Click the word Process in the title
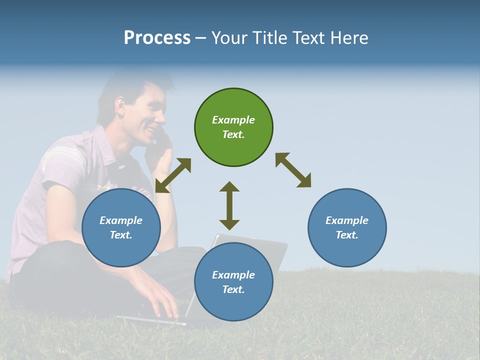[x=157, y=38]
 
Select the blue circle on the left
[x=121, y=250]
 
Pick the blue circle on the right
[x=347, y=250]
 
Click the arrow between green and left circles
[x=173, y=175]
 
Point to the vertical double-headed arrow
[x=229, y=205]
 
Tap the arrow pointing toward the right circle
[x=293, y=170]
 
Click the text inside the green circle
[x=233, y=127]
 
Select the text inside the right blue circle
[x=347, y=227]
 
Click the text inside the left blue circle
[x=121, y=227]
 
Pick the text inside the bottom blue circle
[x=233, y=282]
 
